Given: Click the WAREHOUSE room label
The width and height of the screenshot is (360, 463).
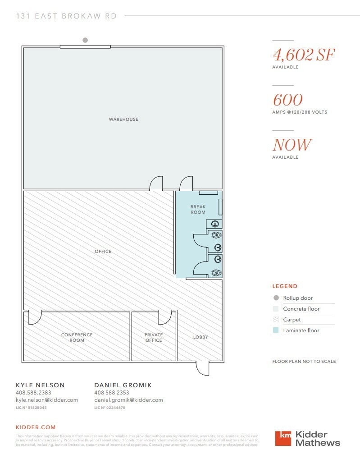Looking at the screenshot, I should click(x=123, y=119).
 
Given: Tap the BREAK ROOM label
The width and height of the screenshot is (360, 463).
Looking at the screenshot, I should click(x=198, y=210).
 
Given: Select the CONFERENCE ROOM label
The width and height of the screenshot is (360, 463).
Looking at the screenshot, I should click(x=77, y=337).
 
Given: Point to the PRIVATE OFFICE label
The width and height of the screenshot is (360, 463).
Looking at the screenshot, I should click(x=154, y=337).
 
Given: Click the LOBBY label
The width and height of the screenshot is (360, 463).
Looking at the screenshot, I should click(x=201, y=337).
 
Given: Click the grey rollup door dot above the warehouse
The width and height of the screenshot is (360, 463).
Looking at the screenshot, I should click(x=85, y=40).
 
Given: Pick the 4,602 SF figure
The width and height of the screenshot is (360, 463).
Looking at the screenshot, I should click(x=304, y=55).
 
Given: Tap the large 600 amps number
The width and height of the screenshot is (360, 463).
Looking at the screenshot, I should click(x=288, y=100).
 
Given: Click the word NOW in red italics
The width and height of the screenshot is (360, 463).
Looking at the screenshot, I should click(x=292, y=145).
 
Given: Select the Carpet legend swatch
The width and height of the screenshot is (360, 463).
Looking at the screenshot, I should click(x=276, y=320).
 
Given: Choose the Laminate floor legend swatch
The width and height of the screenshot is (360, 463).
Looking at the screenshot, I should click(x=276, y=330).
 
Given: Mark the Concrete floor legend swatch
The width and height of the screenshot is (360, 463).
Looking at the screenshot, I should click(x=276, y=309).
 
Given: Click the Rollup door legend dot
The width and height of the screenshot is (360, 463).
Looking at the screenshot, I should click(x=276, y=298).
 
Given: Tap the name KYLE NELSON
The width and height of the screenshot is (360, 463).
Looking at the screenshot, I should click(x=40, y=385).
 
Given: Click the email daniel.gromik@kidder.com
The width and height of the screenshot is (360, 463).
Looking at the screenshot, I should click(x=128, y=400).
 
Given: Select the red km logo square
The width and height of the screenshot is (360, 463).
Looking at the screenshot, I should click(x=283, y=438).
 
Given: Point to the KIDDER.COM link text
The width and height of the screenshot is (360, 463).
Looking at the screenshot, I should click(x=36, y=427).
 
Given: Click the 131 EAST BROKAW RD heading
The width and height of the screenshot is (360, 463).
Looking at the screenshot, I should click(x=66, y=16).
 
